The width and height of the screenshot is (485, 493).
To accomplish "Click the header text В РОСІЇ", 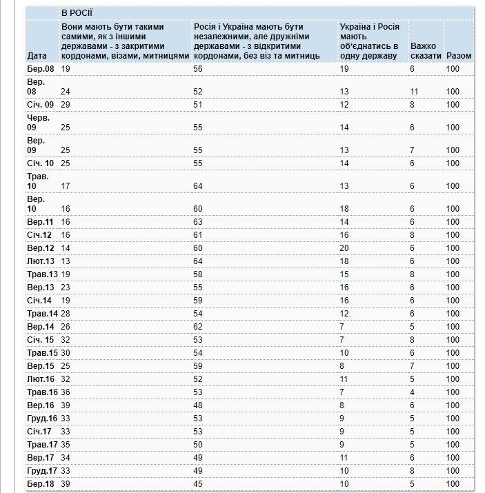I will tap(77, 13).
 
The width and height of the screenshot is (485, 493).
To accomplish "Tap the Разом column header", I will tap(459, 55).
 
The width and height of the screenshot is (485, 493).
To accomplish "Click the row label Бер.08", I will tap(40, 69).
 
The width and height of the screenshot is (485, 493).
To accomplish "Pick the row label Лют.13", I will tap(41, 261).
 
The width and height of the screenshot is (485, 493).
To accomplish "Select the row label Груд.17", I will tap(42, 471).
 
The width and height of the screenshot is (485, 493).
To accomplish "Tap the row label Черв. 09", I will tap(39, 123).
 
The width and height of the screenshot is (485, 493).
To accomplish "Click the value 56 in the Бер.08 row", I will tap(199, 69).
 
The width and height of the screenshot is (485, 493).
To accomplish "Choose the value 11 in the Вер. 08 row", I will tap(415, 92).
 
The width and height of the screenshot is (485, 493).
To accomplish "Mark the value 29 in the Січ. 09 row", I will tap(66, 105).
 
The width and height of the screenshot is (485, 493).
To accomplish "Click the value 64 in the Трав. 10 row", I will tap(199, 186).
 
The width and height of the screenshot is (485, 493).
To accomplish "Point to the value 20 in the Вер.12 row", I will tap(344, 248).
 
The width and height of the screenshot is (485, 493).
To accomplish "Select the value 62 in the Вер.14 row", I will tap(199, 327).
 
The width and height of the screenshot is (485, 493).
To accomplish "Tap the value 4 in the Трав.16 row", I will tap(413, 392).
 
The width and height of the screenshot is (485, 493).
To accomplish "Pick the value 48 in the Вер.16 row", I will tap(199, 405).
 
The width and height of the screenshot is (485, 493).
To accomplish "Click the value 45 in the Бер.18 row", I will tap(199, 484).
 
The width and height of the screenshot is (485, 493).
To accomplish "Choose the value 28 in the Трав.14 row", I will tap(66, 314).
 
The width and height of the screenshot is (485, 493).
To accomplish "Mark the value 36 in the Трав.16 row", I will tap(66, 392).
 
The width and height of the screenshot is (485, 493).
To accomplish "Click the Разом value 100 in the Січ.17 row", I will tap(453, 432).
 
